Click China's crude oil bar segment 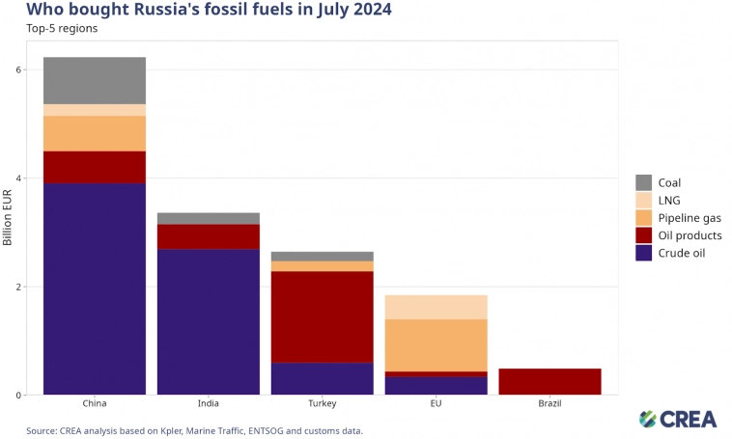[94, 288]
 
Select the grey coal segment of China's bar [94, 80]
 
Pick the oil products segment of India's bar [208, 236]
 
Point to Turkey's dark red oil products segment [322, 316]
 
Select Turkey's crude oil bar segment [322, 378]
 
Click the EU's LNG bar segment [436, 307]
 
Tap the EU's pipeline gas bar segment [436, 344]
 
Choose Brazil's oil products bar [549, 381]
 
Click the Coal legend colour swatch [643, 182]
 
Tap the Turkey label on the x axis [322, 404]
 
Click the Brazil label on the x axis [549, 404]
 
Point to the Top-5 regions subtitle [62, 28]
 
